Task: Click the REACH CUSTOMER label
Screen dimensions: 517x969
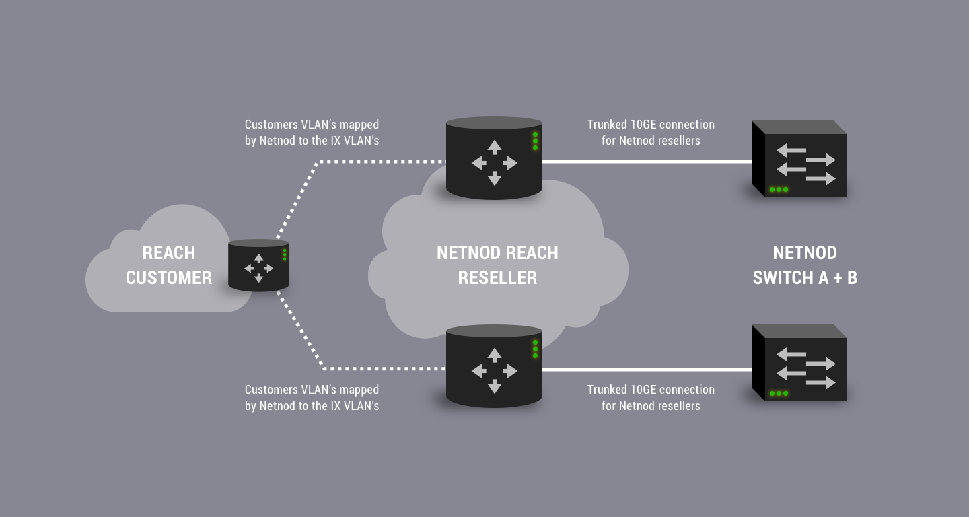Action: [168, 265]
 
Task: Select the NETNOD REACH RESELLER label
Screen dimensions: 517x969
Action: [497, 265]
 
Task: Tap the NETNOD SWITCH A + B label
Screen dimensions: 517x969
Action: [805, 265]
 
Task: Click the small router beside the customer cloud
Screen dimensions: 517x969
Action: [258, 266]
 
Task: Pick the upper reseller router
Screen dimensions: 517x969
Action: [494, 159]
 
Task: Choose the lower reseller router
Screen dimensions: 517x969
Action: [494, 366]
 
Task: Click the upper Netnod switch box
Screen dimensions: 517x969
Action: [799, 160]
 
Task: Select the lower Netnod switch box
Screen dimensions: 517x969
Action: [799, 364]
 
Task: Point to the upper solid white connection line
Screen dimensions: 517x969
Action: [646, 162]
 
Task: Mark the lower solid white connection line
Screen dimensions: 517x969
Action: [646, 370]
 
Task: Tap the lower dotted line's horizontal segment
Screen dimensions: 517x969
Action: [384, 369]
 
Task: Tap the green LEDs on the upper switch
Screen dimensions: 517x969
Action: [779, 190]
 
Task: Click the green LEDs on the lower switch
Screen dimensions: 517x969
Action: [779, 394]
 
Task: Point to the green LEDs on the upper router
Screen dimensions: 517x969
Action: [535, 141]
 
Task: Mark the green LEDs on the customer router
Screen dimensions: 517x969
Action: [285, 254]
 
